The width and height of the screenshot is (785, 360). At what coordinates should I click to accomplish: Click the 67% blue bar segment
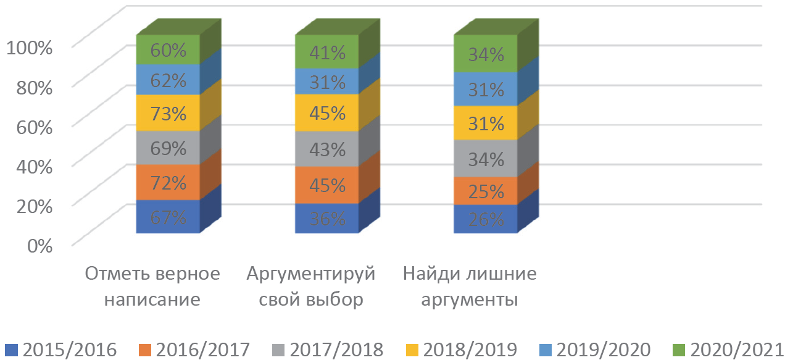168,217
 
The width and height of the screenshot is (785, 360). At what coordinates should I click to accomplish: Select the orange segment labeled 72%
168,183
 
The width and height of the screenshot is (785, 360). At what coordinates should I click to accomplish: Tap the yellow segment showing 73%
168,114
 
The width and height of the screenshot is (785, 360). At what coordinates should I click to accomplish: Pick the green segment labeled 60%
168,50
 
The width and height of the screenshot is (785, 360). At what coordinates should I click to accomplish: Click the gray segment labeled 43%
327,149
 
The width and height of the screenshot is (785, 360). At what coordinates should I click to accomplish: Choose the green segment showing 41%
327,52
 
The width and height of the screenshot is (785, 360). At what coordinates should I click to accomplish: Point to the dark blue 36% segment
327,219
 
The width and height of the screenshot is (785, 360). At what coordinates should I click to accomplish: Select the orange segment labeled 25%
486,191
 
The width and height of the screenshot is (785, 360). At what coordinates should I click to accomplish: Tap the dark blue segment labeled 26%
486,219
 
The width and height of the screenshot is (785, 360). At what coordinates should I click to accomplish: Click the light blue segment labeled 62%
168,80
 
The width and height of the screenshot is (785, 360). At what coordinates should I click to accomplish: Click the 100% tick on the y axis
30,47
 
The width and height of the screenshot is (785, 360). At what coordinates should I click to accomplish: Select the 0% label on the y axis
38,246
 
